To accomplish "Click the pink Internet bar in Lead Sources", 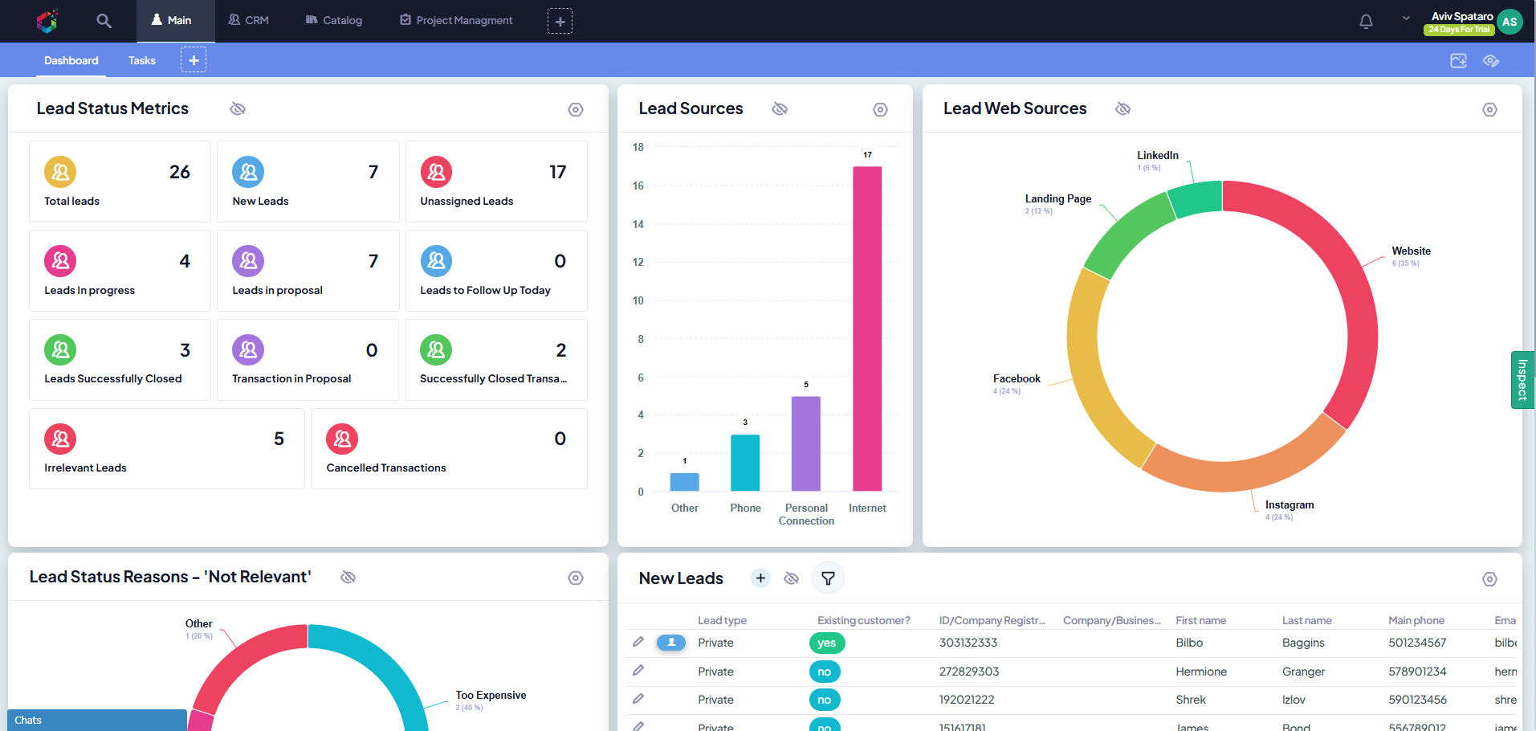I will click(867, 329).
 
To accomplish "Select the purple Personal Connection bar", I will click(805, 443).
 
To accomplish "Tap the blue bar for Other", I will click(684, 482).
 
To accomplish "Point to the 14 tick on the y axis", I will click(638, 224).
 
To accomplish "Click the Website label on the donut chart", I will click(1411, 251).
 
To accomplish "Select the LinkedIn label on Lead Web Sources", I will click(1157, 156).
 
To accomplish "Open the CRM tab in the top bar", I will click(248, 20).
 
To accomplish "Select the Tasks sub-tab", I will click(142, 60).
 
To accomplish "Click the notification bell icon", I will click(1366, 22).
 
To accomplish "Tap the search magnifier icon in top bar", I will click(104, 21).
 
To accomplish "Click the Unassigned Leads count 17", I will click(557, 172).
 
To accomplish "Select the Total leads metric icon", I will click(60, 172).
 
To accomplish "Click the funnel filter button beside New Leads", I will click(828, 578).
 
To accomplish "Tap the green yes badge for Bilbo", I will click(826, 643).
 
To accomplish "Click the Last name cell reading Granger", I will click(1303, 672).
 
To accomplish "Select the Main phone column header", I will click(1416, 620).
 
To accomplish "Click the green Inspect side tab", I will click(1522, 380).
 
